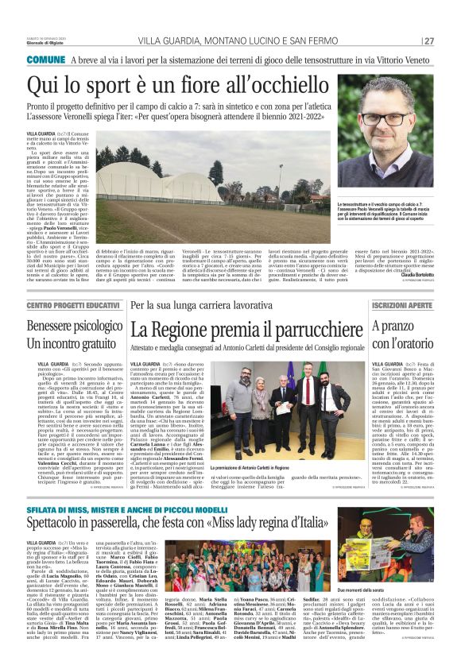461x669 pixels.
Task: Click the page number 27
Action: click(429, 41)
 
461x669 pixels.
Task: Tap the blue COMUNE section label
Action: click(46, 60)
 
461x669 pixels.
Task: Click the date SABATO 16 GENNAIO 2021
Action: click(44, 37)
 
